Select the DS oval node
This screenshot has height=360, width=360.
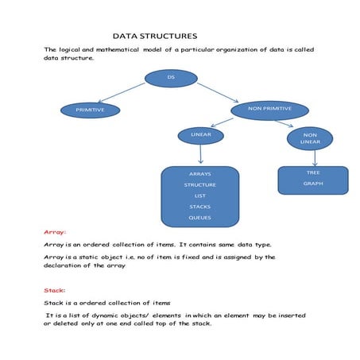(171, 78)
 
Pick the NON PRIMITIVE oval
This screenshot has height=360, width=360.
(269, 108)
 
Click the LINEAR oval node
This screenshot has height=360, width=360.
(200, 135)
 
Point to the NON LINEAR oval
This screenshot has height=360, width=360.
(310, 138)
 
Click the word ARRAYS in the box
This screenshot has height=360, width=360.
(199, 173)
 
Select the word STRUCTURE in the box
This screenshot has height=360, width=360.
(199, 184)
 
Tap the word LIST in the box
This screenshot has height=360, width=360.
(199, 195)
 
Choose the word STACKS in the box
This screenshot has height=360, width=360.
(199, 207)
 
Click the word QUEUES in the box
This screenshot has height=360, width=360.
(199, 218)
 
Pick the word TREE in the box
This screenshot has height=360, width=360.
(312, 172)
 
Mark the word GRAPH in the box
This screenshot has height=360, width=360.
(312, 184)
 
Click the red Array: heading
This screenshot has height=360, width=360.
(55, 232)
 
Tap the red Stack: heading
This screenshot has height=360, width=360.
(55, 291)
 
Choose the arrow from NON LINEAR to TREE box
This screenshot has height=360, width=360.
(315, 157)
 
